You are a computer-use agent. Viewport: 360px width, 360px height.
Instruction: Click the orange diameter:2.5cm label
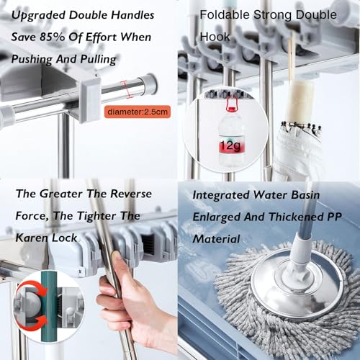click(138, 112)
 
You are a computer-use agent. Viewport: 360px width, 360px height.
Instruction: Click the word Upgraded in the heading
click(39, 16)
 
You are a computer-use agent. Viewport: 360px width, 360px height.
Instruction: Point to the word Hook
click(215, 37)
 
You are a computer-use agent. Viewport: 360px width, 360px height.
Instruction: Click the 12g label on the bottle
click(230, 145)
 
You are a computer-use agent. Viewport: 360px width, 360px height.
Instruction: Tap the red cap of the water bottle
click(231, 109)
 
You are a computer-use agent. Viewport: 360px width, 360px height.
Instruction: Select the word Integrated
click(221, 195)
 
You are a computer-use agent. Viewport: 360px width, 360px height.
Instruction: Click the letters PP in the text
click(334, 217)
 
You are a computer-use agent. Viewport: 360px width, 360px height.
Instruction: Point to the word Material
click(217, 239)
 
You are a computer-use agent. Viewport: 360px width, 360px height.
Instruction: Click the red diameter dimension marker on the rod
click(127, 89)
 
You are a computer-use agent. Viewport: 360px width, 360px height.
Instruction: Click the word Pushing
click(32, 59)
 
